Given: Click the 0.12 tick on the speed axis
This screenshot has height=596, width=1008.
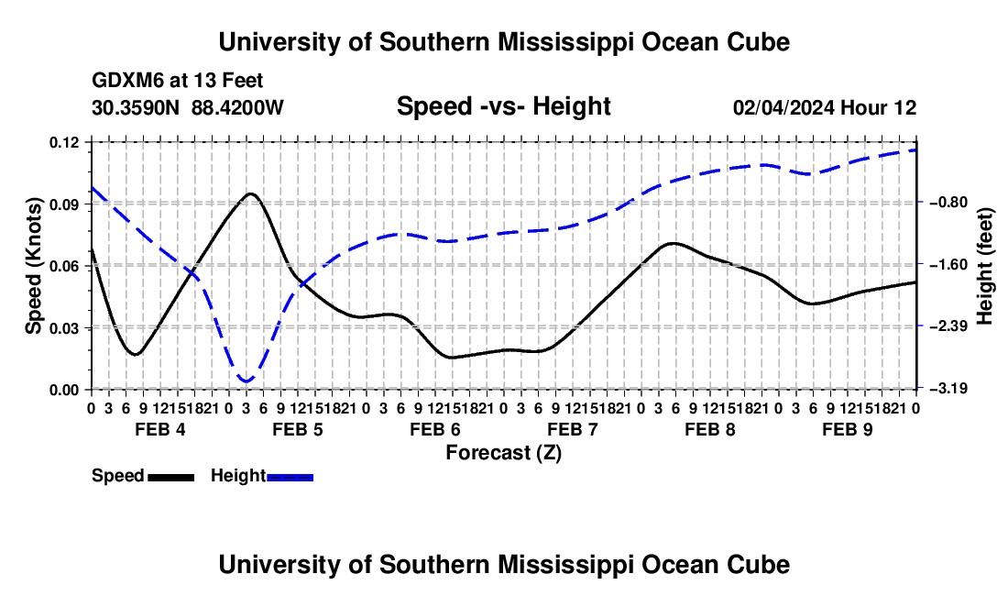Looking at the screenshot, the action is coord(63,142).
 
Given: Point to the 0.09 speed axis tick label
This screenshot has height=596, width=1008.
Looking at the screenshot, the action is coord(63,204).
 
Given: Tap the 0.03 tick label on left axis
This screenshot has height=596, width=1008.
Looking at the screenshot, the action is coord(63,328).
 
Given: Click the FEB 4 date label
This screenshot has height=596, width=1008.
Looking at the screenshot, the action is coord(160,429).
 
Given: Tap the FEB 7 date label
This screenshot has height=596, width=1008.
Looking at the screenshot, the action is coord(572,429).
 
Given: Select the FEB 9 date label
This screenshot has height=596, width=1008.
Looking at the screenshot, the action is coord(848,429).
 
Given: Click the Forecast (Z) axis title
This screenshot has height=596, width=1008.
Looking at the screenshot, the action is coord(504,453).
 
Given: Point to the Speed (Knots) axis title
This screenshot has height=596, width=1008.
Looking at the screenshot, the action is coord(33,266).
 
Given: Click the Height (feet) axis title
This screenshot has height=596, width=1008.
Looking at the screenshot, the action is coord(985,266).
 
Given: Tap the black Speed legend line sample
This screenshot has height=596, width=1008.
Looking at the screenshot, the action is coord(171,477).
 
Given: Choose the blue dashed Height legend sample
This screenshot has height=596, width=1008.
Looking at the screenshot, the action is coord(290,477).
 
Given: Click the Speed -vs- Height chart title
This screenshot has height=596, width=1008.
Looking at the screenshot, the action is coord(504,106).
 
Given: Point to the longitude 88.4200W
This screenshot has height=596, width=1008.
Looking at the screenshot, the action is coord(237,107).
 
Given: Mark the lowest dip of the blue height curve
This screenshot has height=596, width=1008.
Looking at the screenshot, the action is coord(246,382).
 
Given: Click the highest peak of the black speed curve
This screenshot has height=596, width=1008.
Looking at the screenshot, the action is coord(250,193).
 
